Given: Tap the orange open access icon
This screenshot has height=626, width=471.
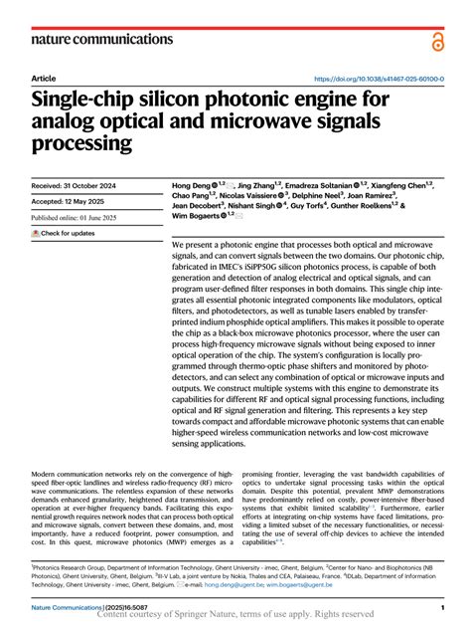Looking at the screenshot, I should tap(438, 40).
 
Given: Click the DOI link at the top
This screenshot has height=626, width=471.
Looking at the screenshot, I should tap(378, 79).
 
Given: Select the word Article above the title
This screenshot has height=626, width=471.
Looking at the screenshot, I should tap(44, 78).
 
